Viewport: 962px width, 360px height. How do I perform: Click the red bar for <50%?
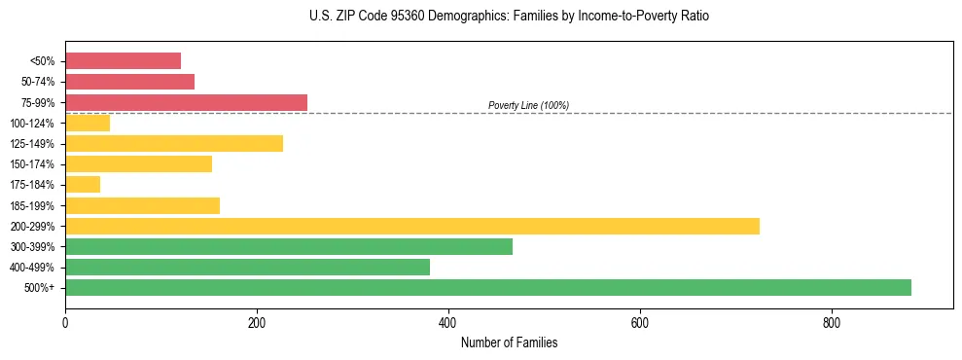[123, 61]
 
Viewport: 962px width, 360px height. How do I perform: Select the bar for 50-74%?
[129, 82]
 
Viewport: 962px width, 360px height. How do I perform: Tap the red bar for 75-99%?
[186, 102]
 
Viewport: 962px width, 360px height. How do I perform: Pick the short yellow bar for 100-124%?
[88, 123]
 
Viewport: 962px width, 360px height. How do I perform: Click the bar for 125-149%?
[174, 143]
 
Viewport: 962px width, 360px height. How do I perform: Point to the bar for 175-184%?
[83, 185]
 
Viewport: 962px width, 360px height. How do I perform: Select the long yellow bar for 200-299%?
[412, 226]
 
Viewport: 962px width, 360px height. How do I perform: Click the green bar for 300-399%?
[289, 246]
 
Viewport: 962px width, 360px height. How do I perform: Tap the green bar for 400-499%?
[247, 267]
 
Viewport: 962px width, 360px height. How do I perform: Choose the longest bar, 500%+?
[488, 287]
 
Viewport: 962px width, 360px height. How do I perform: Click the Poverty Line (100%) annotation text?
[528, 105]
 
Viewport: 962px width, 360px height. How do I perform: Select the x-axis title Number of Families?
[509, 342]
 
